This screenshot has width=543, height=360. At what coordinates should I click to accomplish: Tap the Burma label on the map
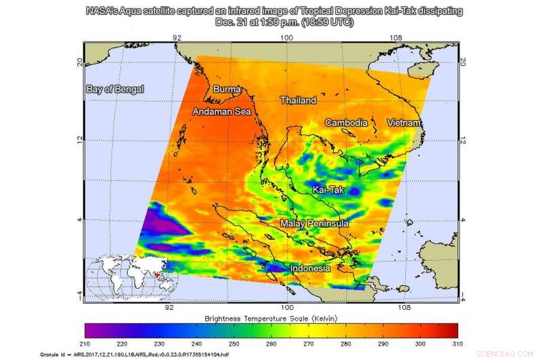tap(227, 89)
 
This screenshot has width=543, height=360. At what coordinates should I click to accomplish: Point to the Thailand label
tap(299, 101)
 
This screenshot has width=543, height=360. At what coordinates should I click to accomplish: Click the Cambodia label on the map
tap(346, 123)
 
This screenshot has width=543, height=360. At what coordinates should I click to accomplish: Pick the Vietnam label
tap(404, 122)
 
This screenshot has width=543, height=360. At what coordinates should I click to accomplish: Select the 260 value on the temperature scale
tap(271, 342)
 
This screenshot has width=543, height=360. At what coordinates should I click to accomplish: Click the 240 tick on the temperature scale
tap(196, 342)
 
